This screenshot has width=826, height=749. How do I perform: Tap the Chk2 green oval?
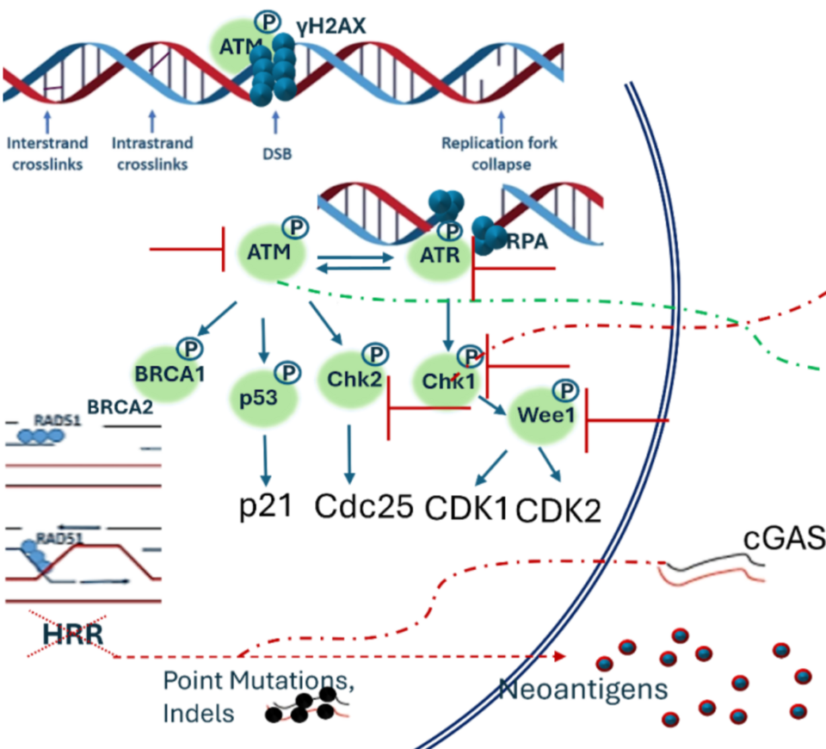click(x=348, y=378)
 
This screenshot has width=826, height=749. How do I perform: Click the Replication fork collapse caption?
click(x=498, y=153)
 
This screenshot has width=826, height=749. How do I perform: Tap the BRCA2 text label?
click(x=120, y=405)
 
